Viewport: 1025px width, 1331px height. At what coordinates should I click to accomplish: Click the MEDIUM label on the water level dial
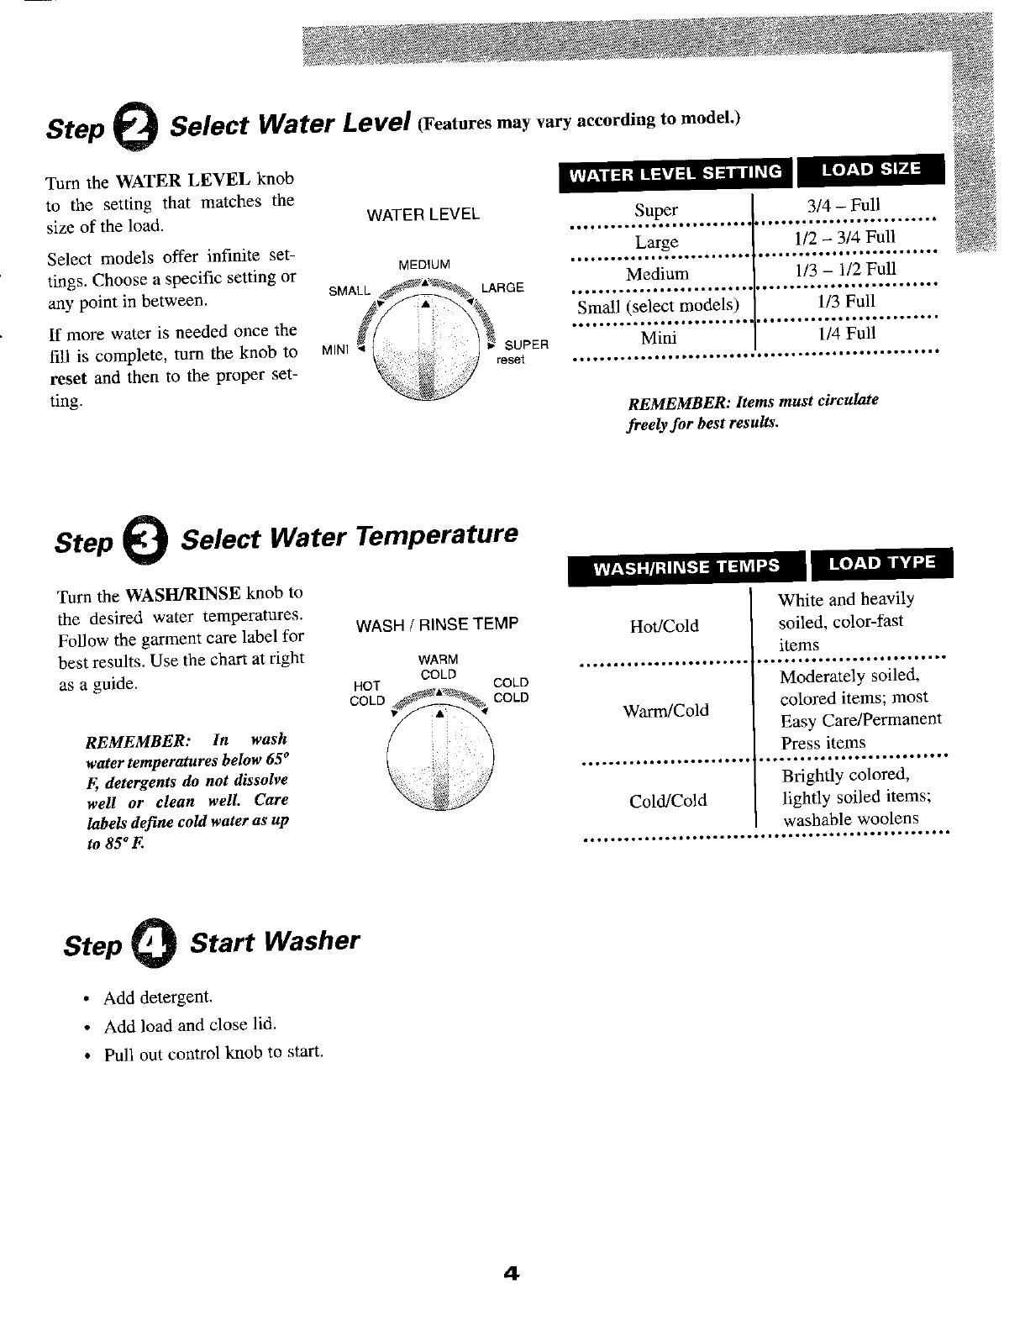pyautogui.click(x=424, y=265)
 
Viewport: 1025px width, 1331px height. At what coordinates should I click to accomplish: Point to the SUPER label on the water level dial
pyautogui.click(x=526, y=345)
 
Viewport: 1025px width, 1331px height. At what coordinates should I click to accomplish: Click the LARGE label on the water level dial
pyautogui.click(x=502, y=287)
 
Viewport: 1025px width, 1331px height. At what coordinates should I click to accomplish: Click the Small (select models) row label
pyautogui.click(x=658, y=305)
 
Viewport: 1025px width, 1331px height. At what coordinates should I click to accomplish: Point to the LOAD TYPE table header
pyautogui.click(x=881, y=562)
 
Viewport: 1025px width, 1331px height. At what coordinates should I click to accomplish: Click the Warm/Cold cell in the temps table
pyautogui.click(x=665, y=711)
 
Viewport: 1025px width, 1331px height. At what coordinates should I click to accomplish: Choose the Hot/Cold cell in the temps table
pyautogui.click(x=664, y=626)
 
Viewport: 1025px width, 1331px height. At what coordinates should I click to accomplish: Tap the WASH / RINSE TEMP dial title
pyautogui.click(x=438, y=624)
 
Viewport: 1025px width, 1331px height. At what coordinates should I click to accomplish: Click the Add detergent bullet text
pyautogui.click(x=157, y=997)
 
